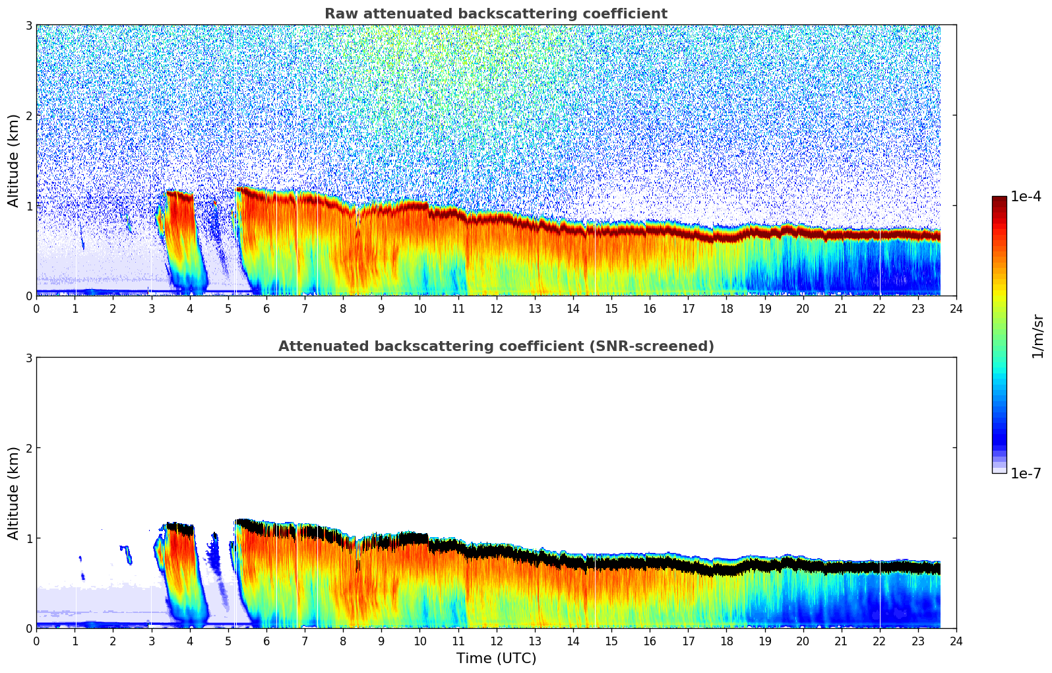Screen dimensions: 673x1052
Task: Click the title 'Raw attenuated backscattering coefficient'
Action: point(495,14)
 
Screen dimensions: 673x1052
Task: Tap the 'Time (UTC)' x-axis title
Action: point(496,658)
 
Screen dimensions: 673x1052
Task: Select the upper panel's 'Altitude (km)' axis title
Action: point(14,160)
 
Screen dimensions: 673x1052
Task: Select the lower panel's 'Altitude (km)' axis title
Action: point(14,493)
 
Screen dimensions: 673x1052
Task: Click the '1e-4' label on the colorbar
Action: point(1026,197)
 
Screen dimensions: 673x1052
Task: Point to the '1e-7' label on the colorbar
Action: point(1026,474)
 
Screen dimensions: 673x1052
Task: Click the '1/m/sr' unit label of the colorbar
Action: point(1037,335)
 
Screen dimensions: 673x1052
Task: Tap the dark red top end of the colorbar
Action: point(999,199)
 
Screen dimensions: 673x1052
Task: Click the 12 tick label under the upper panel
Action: point(496,308)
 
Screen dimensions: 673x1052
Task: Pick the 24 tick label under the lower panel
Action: point(956,641)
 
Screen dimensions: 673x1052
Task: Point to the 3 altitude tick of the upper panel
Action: point(29,25)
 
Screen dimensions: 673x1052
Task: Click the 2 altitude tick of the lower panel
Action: point(29,448)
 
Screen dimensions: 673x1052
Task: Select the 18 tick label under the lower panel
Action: point(726,641)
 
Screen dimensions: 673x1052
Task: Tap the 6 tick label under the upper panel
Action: point(266,308)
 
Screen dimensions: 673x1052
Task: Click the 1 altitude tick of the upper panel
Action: point(29,206)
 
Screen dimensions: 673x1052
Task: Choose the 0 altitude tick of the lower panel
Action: point(29,628)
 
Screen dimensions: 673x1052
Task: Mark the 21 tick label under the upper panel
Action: point(841,308)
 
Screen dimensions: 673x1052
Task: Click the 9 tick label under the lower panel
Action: point(381,641)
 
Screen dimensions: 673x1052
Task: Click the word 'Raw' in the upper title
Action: point(338,14)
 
